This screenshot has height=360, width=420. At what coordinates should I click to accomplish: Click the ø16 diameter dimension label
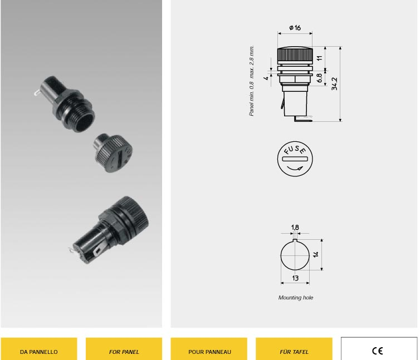point(295,28)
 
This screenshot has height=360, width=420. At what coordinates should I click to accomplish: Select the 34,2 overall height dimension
point(334,84)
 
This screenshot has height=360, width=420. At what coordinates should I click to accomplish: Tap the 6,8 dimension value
point(319,78)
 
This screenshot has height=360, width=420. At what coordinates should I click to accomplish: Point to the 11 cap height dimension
point(320,58)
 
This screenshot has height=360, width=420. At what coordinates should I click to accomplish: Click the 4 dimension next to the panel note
point(266,78)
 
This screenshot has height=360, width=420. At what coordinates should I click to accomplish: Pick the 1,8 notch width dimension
point(295,227)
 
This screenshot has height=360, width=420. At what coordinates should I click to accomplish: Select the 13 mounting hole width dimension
point(295,278)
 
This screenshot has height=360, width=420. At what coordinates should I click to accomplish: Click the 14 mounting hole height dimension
point(315,254)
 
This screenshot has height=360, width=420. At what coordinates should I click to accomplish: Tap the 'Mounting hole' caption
point(296,298)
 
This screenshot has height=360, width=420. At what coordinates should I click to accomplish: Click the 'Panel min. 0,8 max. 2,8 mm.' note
point(251,81)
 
